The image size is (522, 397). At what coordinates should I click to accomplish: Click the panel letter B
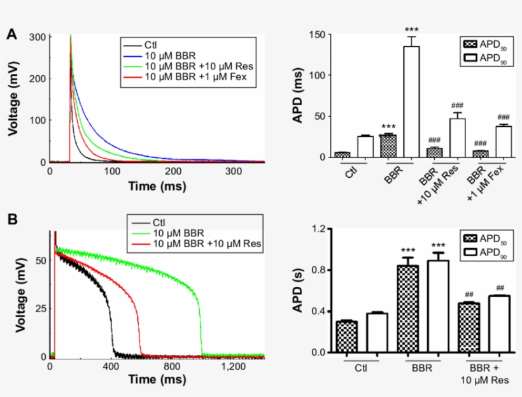pos(11,219)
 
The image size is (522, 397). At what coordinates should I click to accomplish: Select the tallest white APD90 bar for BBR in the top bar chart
pos(411,101)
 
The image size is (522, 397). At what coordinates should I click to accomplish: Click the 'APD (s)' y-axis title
pos(297,290)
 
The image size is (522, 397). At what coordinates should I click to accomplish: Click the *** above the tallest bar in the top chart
pos(411,29)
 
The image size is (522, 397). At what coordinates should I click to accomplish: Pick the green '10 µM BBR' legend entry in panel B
pos(175,233)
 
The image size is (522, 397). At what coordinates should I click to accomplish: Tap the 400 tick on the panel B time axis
pos(111,367)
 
